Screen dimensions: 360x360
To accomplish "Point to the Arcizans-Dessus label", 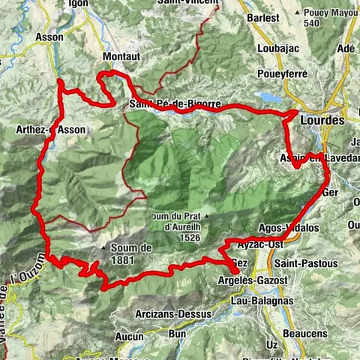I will [183, 304].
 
